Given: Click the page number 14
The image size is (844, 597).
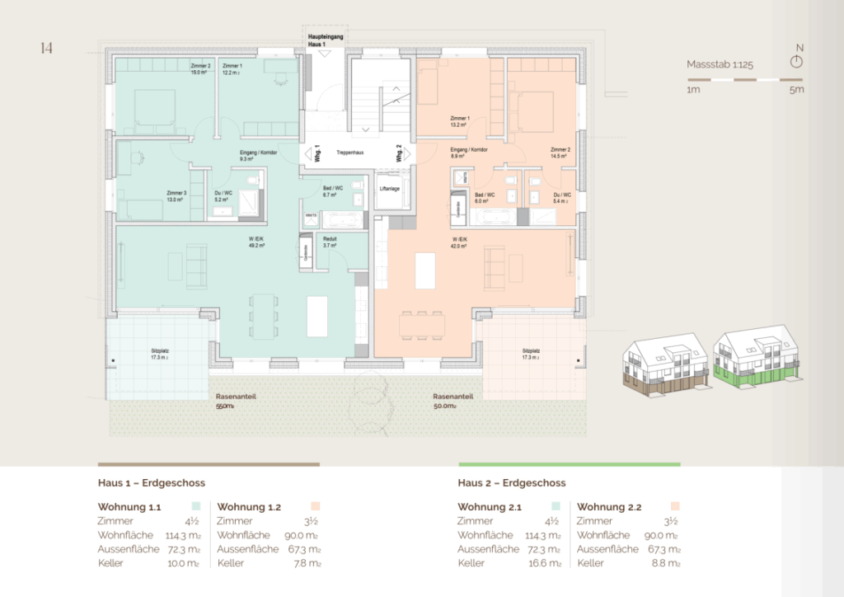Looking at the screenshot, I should coord(45,49).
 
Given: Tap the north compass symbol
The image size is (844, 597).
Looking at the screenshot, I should coord(796,62).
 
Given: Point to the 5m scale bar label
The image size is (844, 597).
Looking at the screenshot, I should coord(795,90).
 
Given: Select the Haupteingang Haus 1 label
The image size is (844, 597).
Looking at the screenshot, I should coord(326,40).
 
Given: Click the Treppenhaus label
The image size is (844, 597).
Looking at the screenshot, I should coord(350,153).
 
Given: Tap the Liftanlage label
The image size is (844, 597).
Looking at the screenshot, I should coord(391,189).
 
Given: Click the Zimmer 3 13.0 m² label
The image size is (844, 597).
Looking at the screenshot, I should coord(176,196).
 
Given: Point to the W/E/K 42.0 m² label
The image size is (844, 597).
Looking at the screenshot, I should coord(459,242).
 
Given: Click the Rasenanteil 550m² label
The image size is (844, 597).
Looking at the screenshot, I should coord(236,402).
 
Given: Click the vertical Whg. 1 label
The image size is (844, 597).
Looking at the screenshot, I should coord(317,153).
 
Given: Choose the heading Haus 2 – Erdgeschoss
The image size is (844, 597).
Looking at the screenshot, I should coord(512,483).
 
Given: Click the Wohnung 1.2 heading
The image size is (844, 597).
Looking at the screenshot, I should coord(249,507).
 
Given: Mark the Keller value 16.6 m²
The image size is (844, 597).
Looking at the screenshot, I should coord(546,563).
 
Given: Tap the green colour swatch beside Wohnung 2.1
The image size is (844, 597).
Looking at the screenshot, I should coord(556,506).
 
